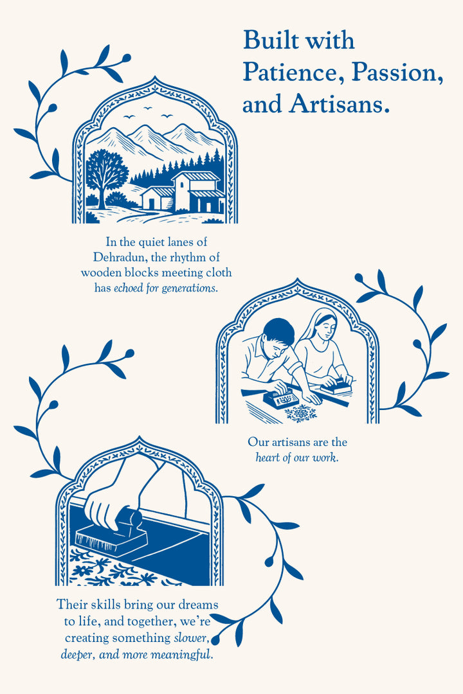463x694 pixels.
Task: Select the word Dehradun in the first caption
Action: [118, 257]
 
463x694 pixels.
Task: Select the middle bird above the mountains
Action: [147, 107]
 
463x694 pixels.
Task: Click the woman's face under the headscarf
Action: [327, 329]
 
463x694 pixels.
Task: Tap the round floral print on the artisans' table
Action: [301, 413]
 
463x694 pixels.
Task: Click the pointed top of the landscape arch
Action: [154, 78]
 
